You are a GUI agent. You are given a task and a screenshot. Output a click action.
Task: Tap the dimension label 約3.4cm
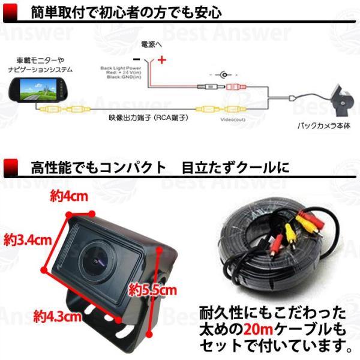coord(27,240)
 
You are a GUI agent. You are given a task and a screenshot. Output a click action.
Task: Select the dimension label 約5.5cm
coord(153,291)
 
